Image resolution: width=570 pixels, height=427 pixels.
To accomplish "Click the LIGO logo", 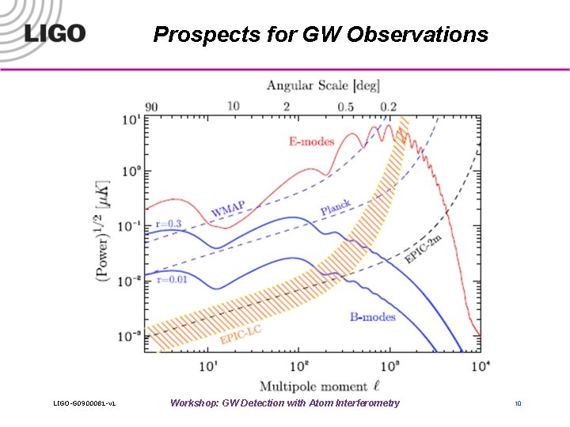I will pyautogui.click(x=54, y=34).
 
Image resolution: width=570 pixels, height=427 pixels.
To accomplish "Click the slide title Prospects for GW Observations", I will pyautogui.click(x=321, y=35).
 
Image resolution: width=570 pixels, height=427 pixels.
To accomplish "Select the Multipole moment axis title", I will pyautogui.click(x=313, y=386).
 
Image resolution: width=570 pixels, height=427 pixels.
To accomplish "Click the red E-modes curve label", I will pyautogui.click(x=311, y=142).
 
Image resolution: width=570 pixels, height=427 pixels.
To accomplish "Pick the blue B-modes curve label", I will pyautogui.click(x=373, y=317).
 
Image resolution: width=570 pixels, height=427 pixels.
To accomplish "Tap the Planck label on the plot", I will pyautogui.click(x=336, y=208).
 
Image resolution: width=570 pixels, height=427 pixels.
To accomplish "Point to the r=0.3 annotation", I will pyautogui.click(x=168, y=224).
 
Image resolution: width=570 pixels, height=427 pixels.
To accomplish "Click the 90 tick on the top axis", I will pyautogui.click(x=151, y=106).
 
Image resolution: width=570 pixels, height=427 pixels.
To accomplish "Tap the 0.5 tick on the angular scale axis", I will pyautogui.click(x=345, y=106).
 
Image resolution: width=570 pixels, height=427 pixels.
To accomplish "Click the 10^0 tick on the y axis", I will pyautogui.click(x=130, y=172).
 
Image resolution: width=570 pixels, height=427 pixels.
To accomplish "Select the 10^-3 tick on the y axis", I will pyautogui.click(x=129, y=337).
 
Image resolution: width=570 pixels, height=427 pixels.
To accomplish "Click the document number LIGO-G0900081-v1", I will pyautogui.click(x=85, y=404).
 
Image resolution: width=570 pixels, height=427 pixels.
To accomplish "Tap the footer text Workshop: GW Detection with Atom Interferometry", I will pyautogui.click(x=285, y=403).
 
